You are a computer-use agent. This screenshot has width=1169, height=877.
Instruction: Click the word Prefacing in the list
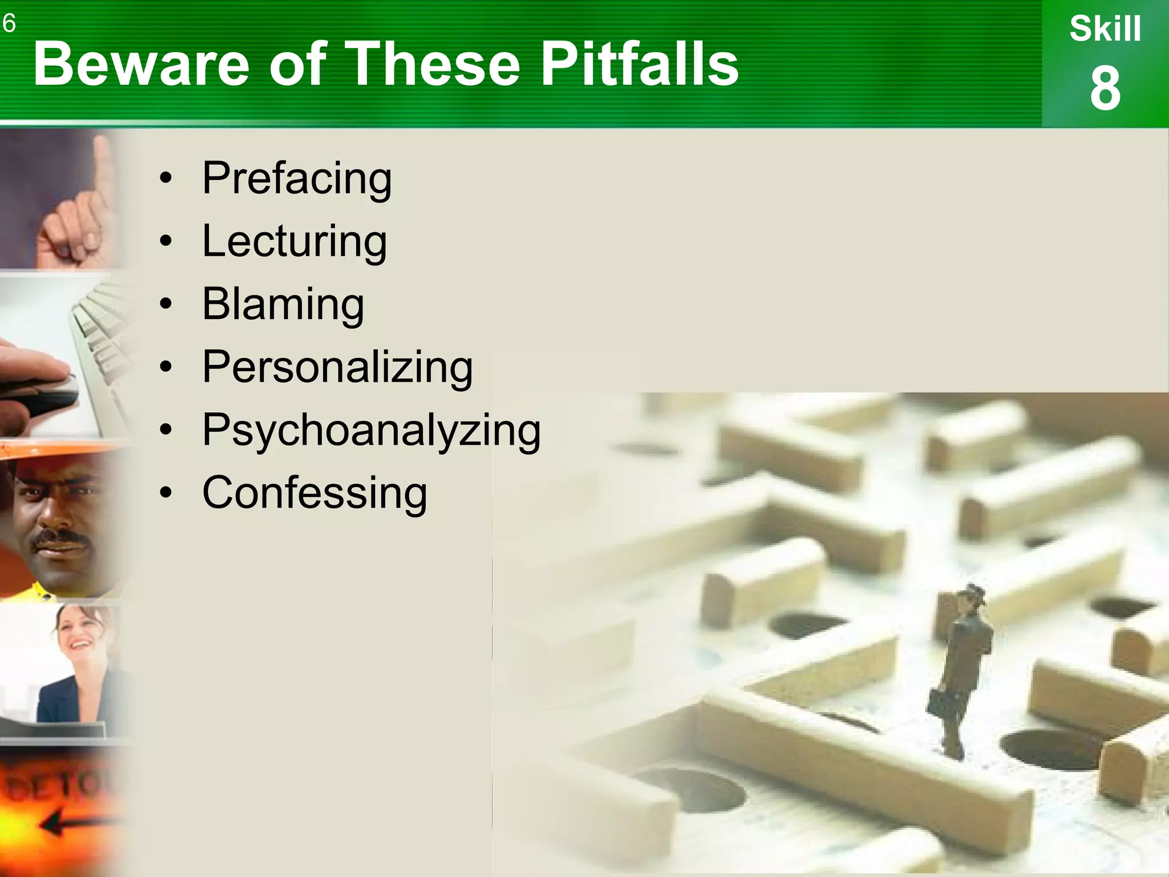click(x=297, y=179)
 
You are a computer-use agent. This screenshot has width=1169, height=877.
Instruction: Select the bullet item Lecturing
click(x=295, y=242)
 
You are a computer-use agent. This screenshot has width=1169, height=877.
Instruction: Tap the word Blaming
click(x=283, y=304)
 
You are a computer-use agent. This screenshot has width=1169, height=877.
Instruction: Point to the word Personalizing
click(x=337, y=367)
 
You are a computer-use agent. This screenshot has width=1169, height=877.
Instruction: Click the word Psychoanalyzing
click(x=372, y=431)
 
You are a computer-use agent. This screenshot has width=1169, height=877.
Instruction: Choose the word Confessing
click(x=315, y=493)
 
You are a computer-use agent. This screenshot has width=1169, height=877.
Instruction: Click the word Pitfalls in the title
click(x=639, y=64)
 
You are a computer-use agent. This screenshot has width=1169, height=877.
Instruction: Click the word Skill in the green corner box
click(x=1105, y=29)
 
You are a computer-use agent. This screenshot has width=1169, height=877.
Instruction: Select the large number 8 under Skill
click(x=1105, y=88)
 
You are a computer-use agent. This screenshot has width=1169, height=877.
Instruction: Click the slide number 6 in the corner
click(x=9, y=23)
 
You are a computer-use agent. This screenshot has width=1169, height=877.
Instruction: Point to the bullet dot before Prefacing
click(x=166, y=179)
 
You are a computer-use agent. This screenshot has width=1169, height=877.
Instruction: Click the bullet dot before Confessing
click(x=166, y=493)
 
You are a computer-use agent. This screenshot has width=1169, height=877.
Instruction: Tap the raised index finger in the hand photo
click(x=103, y=166)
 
